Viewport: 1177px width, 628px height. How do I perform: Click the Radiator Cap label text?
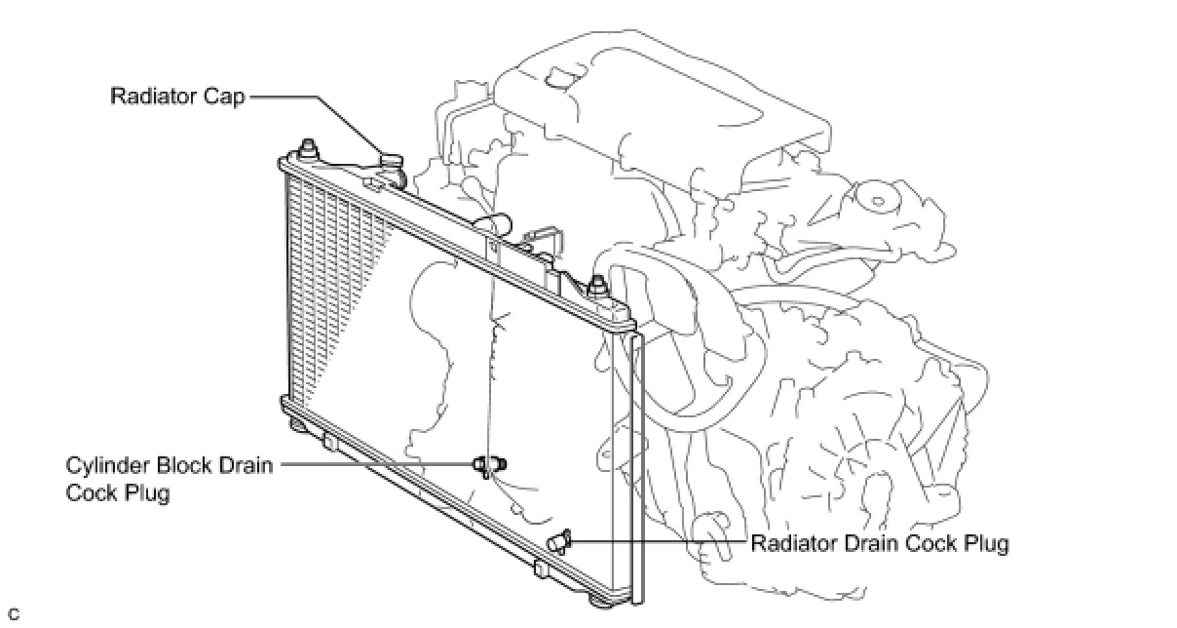(x=177, y=97)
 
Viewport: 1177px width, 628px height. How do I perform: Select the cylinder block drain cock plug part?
(x=490, y=465)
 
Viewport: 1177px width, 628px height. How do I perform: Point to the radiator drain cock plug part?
(x=560, y=541)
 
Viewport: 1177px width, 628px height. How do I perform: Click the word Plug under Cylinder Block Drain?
(x=148, y=493)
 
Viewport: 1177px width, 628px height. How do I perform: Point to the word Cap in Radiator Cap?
(x=227, y=97)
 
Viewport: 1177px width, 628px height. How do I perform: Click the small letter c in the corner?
(x=13, y=614)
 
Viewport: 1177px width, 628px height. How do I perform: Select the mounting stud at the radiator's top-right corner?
(x=595, y=287)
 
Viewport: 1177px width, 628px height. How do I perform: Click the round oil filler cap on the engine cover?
(x=878, y=201)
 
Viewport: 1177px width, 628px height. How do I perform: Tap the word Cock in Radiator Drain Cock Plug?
(x=925, y=542)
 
